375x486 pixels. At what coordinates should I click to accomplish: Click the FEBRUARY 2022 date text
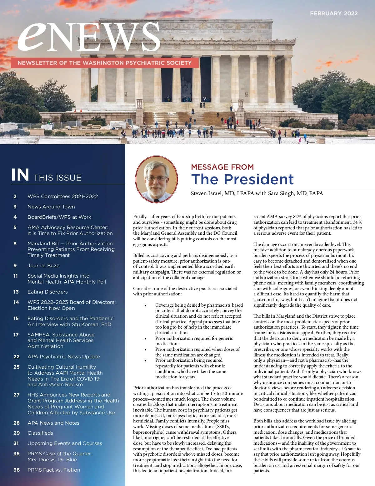tap(333, 13)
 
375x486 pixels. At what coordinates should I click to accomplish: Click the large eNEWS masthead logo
tap(89, 37)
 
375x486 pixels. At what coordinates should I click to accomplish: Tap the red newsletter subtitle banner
tap(104, 63)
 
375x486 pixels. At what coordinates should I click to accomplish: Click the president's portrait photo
tap(157, 179)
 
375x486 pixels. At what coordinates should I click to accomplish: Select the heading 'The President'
tap(242, 179)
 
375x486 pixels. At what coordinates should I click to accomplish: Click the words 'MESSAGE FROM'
tap(222, 167)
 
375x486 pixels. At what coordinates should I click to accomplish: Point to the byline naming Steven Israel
tap(257, 193)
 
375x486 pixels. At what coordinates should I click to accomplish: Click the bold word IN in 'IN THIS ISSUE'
tap(20, 175)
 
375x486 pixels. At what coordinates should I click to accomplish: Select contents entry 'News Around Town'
tap(51, 207)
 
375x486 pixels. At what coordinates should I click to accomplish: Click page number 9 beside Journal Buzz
tap(15, 266)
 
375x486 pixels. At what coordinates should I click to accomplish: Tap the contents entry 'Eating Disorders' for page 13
tap(47, 292)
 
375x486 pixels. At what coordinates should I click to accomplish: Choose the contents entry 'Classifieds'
tap(40, 433)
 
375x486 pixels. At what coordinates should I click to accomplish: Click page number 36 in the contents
tap(17, 470)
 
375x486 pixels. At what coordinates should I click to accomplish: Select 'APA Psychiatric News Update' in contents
tap(64, 357)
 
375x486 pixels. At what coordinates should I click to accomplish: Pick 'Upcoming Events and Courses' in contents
tap(65, 443)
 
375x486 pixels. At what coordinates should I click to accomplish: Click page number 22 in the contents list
tap(17, 357)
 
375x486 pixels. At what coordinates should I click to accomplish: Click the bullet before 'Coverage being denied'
tap(145, 305)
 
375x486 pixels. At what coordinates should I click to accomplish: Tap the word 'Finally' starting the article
tap(140, 217)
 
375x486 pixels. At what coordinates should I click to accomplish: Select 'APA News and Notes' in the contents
tap(53, 423)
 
